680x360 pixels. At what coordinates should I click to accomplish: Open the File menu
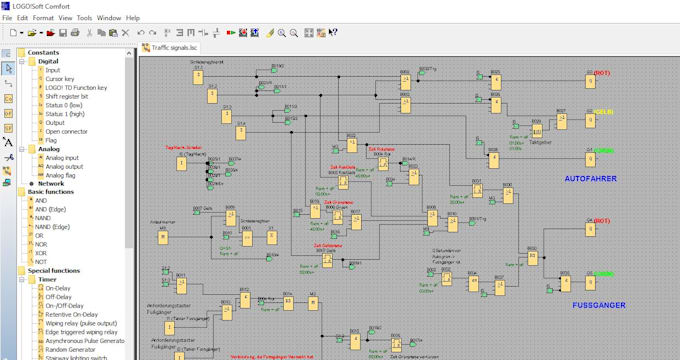click(x=8, y=18)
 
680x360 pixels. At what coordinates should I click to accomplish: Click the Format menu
click(x=43, y=18)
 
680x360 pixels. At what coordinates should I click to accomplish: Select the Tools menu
click(x=85, y=18)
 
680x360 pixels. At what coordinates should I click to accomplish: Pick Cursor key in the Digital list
click(x=60, y=79)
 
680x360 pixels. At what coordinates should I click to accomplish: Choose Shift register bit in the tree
click(x=68, y=96)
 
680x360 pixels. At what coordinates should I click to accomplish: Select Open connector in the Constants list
click(x=67, y=131)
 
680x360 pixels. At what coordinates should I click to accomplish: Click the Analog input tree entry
click(x=63, y=158)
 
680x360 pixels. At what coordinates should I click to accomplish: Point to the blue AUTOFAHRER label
click(x=591, y=179)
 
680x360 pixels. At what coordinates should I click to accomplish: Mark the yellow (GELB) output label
click(x=604, y=111)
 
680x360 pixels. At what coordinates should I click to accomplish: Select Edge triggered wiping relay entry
click(x=85, y=331)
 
